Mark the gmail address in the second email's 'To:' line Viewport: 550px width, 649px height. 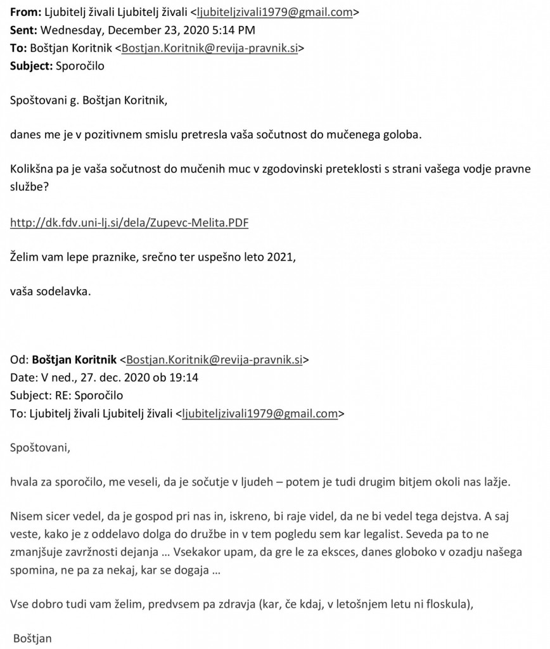(259, 413)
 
